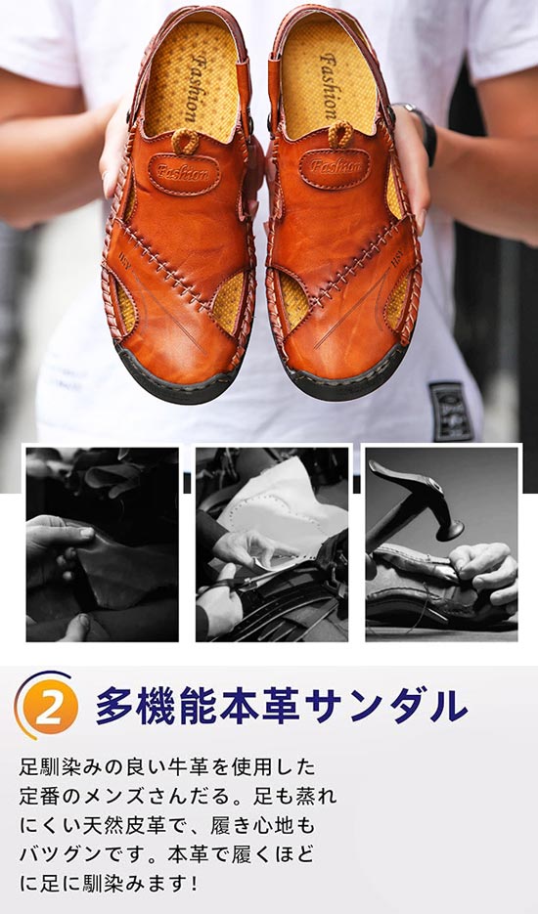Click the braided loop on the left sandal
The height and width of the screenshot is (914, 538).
click(186, 141)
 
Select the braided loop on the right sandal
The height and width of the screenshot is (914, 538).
click(341, 135)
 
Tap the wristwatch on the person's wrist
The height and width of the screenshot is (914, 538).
click(422, 132)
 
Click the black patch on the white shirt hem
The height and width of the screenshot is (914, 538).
click(451, 411)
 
